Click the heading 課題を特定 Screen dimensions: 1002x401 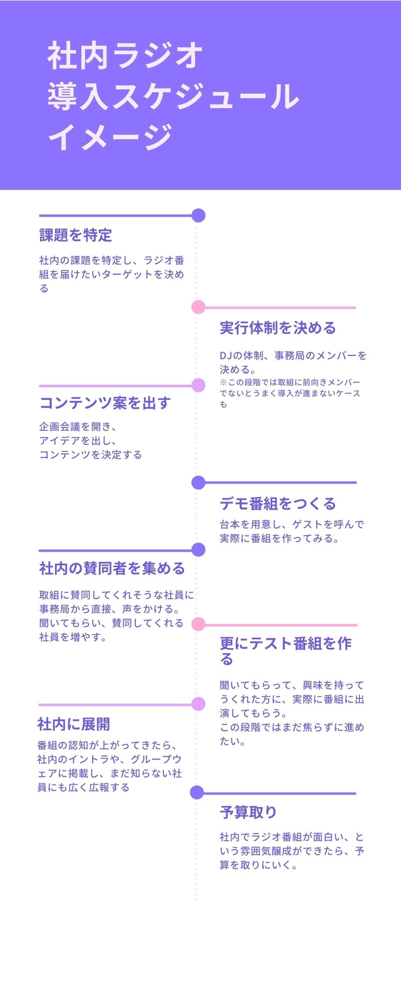pyautogui.click(x=76, y=235)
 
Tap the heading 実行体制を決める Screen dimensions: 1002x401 pyautogui.click(x=278, y=328)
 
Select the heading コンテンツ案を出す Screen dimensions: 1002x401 pyautogui.click(x=105, y=403)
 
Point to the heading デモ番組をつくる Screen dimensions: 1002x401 pyautogui.click(x=278, y=504)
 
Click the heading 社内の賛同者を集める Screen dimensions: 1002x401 pyautogui.click(x=112, y=569)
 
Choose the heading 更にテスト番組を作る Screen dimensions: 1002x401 pyautogui.click(x=285, y=651)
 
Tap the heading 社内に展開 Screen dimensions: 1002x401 pyautogui.click(x=74, y=724)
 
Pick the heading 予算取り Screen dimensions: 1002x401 pyautogui.click(x=248, y=812)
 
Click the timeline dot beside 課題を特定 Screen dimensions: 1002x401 pyautogui.click(x=198, y=215)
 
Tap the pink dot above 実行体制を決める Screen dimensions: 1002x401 pyautogui.click(x=198, y=307)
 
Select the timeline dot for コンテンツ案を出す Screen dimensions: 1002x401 pyautogui.click(x=198, y=385)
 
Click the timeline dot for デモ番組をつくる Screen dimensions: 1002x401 pyautogui.click(x=198, y=482)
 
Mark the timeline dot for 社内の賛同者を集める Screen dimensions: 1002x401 pyautogui.click(x=198, y=550)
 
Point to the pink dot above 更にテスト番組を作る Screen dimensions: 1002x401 pyautogui.click(x=198, y=624)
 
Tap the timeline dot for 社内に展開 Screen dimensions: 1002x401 pyautogui.click(x=198, y=704)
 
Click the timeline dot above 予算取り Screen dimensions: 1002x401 pyautogui.click(x=197, y=793)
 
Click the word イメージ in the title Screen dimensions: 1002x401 pyautogui.click(x=110, y=137)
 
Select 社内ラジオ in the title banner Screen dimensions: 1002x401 pyautogui.click(x=125, y=56)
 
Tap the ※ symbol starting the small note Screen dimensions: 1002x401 pyautogui.click(x=223, y=382)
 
